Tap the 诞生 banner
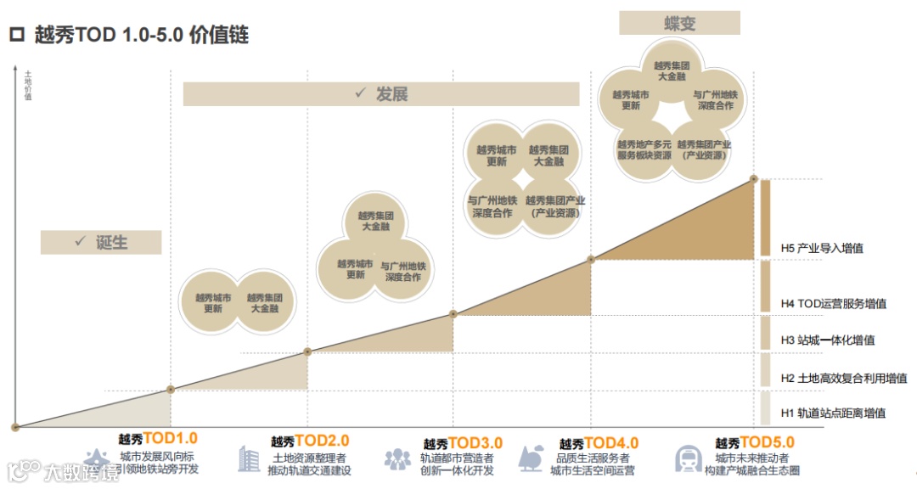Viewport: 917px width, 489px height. click(101, 242)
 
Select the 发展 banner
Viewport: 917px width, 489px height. click(381, 93)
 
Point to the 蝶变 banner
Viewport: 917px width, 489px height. click(679, 23)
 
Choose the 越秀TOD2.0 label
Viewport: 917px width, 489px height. click(310, 441)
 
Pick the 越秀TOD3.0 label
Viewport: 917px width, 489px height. click(463, 443)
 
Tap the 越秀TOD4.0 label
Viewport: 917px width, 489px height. click(599, 443)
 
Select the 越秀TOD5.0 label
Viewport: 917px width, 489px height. click(755, 442)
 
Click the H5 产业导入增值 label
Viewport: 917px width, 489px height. click(822, 249)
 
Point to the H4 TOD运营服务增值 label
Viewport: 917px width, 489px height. click(834, 303)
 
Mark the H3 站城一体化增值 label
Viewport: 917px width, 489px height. click(827, 340)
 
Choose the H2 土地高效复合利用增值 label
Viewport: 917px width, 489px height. click(843, 379)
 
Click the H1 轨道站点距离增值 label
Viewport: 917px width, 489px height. click(833, 413)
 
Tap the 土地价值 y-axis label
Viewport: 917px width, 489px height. click(28, 85)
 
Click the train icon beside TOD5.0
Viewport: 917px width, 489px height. click(688, 458)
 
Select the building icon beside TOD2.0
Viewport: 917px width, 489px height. click(249, 458)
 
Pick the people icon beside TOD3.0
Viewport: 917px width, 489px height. click(397, 459)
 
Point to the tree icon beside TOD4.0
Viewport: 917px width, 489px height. click(532, 458)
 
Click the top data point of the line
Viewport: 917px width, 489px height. click(754, 179)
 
